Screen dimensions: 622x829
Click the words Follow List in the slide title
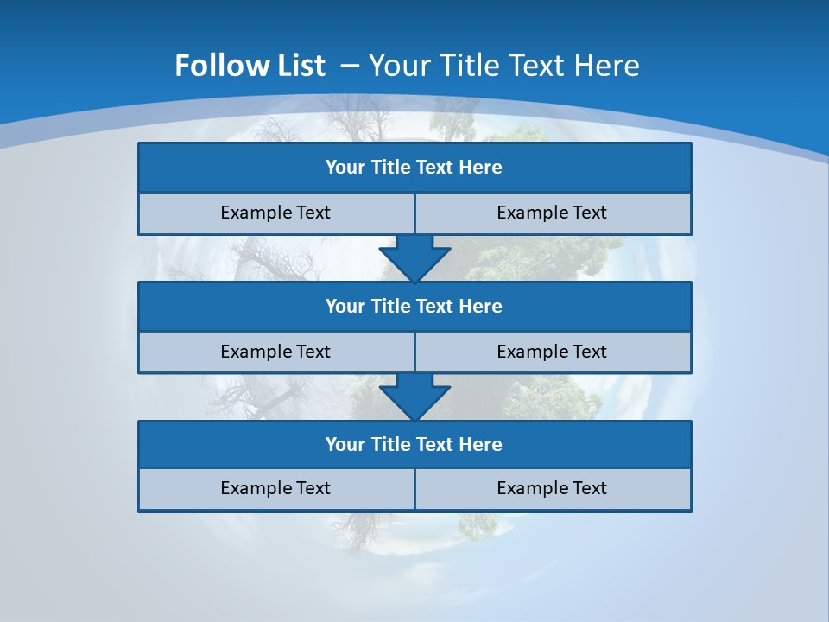click(250, 66)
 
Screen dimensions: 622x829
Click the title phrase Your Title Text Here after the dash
click(503, 66)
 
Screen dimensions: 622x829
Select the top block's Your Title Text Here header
click(414, 168)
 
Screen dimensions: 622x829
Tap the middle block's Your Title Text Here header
click(414, 306)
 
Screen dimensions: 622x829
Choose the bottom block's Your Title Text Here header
click(414, 444)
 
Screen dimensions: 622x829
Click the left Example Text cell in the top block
click(275, 213)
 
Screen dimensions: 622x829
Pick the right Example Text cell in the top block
click(552, 213)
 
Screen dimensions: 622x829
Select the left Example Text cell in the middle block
click(275, 352)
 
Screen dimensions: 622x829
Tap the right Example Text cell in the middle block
click(552, 352)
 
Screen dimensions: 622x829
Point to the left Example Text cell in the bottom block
click(275, 488)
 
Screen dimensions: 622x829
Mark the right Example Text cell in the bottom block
click(552, 488)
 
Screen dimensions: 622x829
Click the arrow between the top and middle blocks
click(414, 257)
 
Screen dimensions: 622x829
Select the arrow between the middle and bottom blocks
click(414, 397)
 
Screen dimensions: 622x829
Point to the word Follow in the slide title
click(218, 66)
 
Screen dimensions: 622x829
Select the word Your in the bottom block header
click(345, 444)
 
